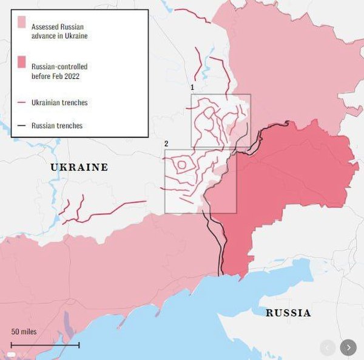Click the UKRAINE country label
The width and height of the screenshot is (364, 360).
79,167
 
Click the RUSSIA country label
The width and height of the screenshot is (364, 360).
289,313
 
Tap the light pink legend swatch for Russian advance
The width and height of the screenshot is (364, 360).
22,22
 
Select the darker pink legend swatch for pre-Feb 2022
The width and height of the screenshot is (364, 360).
22,62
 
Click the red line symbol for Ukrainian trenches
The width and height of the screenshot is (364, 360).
22,102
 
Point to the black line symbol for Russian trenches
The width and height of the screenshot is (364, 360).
22,125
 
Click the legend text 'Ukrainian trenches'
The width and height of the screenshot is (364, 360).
59,102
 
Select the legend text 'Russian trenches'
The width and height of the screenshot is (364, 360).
56,125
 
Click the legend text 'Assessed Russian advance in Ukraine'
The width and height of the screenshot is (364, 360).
59,32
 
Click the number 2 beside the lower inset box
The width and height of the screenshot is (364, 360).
166,144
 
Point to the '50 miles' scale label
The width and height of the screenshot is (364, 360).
24,332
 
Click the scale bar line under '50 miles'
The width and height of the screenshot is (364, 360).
45,345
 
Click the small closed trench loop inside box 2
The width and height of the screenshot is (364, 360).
181,164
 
